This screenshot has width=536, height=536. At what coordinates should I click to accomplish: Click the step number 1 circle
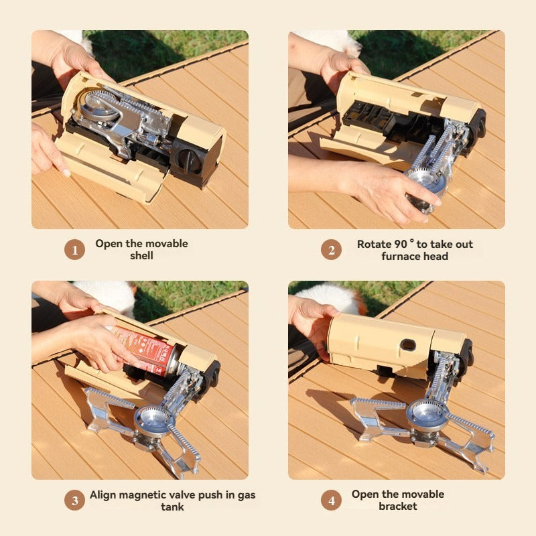tap(74, 250)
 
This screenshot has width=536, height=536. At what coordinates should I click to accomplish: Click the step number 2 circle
tap(331, 250)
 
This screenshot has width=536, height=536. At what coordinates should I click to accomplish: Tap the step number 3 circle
tap(74, 500)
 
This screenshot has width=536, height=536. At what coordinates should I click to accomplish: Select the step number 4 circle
tap(331, 500)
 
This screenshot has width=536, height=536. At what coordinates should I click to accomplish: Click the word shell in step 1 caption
tap(141, 256)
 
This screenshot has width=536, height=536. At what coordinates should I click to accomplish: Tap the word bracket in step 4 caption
tap(398, 507)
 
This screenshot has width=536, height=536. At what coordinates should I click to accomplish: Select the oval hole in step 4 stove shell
tap(407, 345)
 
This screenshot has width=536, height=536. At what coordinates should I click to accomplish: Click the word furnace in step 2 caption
tap(405, 256)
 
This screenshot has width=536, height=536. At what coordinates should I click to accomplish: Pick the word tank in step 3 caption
tap(172, 507)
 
